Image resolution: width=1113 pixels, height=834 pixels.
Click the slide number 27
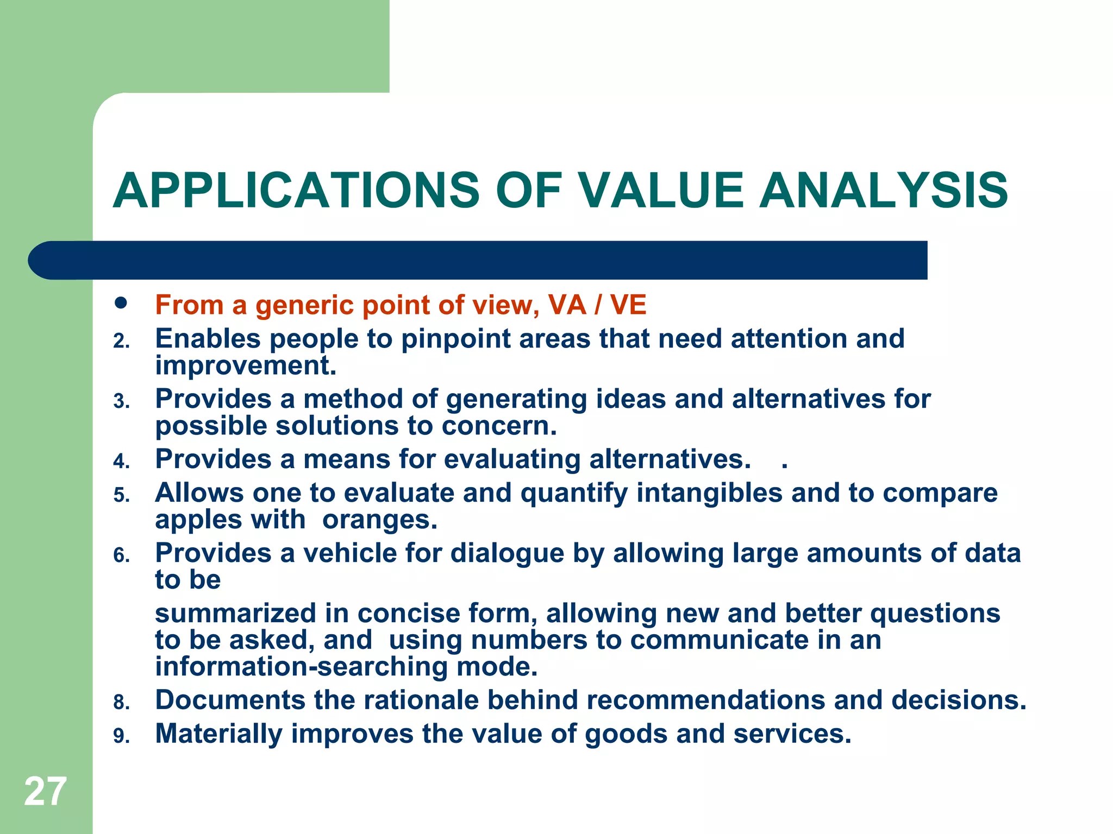coord(45,792)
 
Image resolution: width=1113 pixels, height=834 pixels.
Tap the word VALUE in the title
coord(660,191)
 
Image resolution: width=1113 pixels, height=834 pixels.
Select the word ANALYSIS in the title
coord(883,191)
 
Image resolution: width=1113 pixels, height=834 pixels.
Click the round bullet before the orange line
coord(121,303)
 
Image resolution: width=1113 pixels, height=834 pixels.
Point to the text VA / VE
coord(597,305)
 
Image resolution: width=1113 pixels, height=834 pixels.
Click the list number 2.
coord(121,342)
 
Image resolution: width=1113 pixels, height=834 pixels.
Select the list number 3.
coord(121,402)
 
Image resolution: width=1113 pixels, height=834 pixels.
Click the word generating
coord(516,400)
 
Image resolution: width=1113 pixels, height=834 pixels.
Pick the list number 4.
coord(121,462)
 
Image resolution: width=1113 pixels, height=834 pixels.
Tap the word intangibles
coord(709,493)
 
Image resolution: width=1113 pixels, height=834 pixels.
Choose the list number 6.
coord(121,556)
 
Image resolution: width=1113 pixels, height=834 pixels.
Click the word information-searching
coord(301,667)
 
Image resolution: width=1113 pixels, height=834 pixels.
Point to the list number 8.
coord(121,703)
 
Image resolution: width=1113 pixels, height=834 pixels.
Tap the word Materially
coord(218,734)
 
